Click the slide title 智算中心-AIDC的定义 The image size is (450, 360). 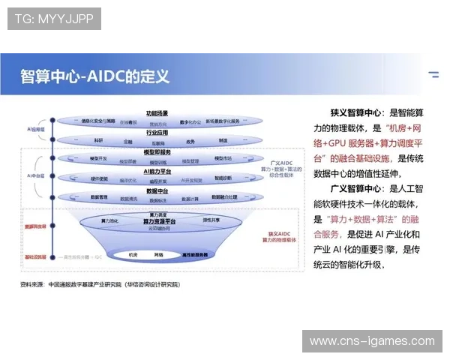(x=95, y=76)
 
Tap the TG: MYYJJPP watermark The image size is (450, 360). (x=53, y=18)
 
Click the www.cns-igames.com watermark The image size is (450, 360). (x=372, y=341)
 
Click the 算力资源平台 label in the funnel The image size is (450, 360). (x=160, y=222)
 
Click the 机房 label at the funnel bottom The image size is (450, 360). (x=133, y=255)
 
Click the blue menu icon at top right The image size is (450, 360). (x=433, y=75)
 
